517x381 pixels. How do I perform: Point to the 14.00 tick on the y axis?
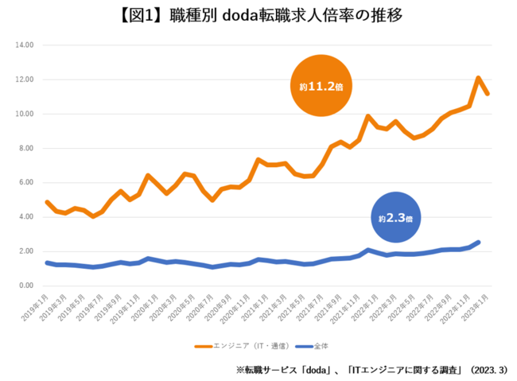coord(25,45)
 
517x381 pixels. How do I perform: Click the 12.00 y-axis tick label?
coord(25,80)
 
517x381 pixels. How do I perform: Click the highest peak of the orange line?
coord(479,78)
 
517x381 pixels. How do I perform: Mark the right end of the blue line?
coord(478,243)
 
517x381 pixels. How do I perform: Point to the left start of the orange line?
coord(47,202)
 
